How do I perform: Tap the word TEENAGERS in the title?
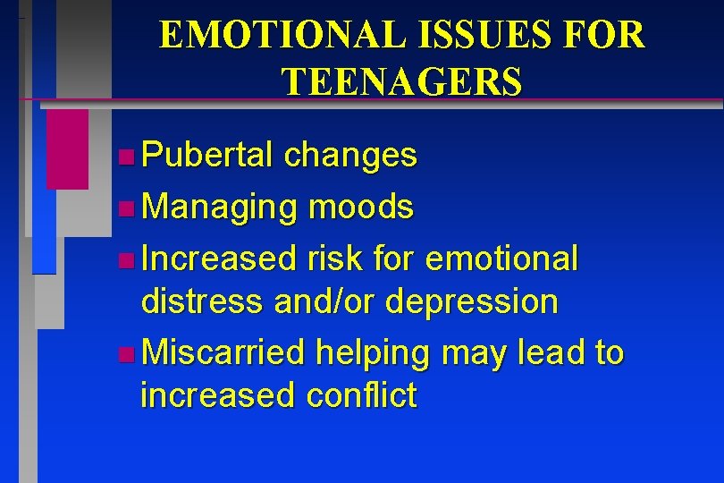pyautogui.click(x=401, y=81)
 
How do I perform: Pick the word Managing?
pyautogui.click(x=219, y=208)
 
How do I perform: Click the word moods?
pyautogui.click(x=360, y=208)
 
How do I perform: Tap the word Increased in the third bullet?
pyautogui.click(x=219, y=259)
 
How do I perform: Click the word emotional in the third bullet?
pyautogui.click(x=502, y=259)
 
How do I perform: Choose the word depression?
pyautogui.click(x=472, y=301)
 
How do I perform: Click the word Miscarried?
pyautogui.click(x=223, y=352)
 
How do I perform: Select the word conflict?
pyautogui.click(x=361, y=394)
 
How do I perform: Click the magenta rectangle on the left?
pyautogui.click(x=67, y=149)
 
